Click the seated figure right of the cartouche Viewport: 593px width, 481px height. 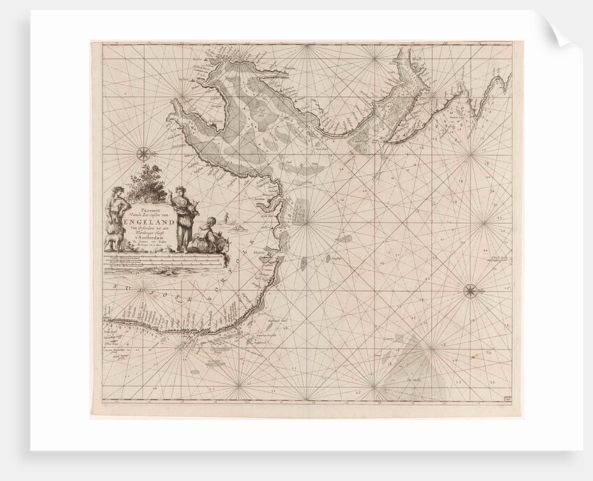click(207, 234)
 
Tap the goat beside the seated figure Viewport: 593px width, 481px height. click(222, 244)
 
